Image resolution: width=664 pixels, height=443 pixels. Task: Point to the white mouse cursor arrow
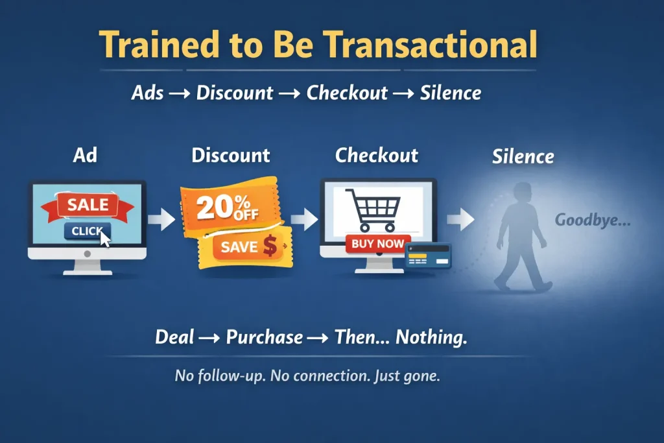click(106, 238)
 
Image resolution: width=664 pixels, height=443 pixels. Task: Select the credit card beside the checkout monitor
click(427, 256)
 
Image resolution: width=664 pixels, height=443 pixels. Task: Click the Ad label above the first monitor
click(86, 156)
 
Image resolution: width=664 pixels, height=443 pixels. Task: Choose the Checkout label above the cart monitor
click(377, 156)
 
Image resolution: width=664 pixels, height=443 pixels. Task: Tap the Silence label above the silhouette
click(523, 156)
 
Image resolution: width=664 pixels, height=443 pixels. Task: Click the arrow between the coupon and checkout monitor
click(303, 220)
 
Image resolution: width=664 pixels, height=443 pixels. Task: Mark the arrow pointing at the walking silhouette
click(460, 220)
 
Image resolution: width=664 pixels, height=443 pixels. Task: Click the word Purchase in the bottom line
click(264, 337)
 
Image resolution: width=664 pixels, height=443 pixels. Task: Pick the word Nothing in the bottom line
click(431, 337)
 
